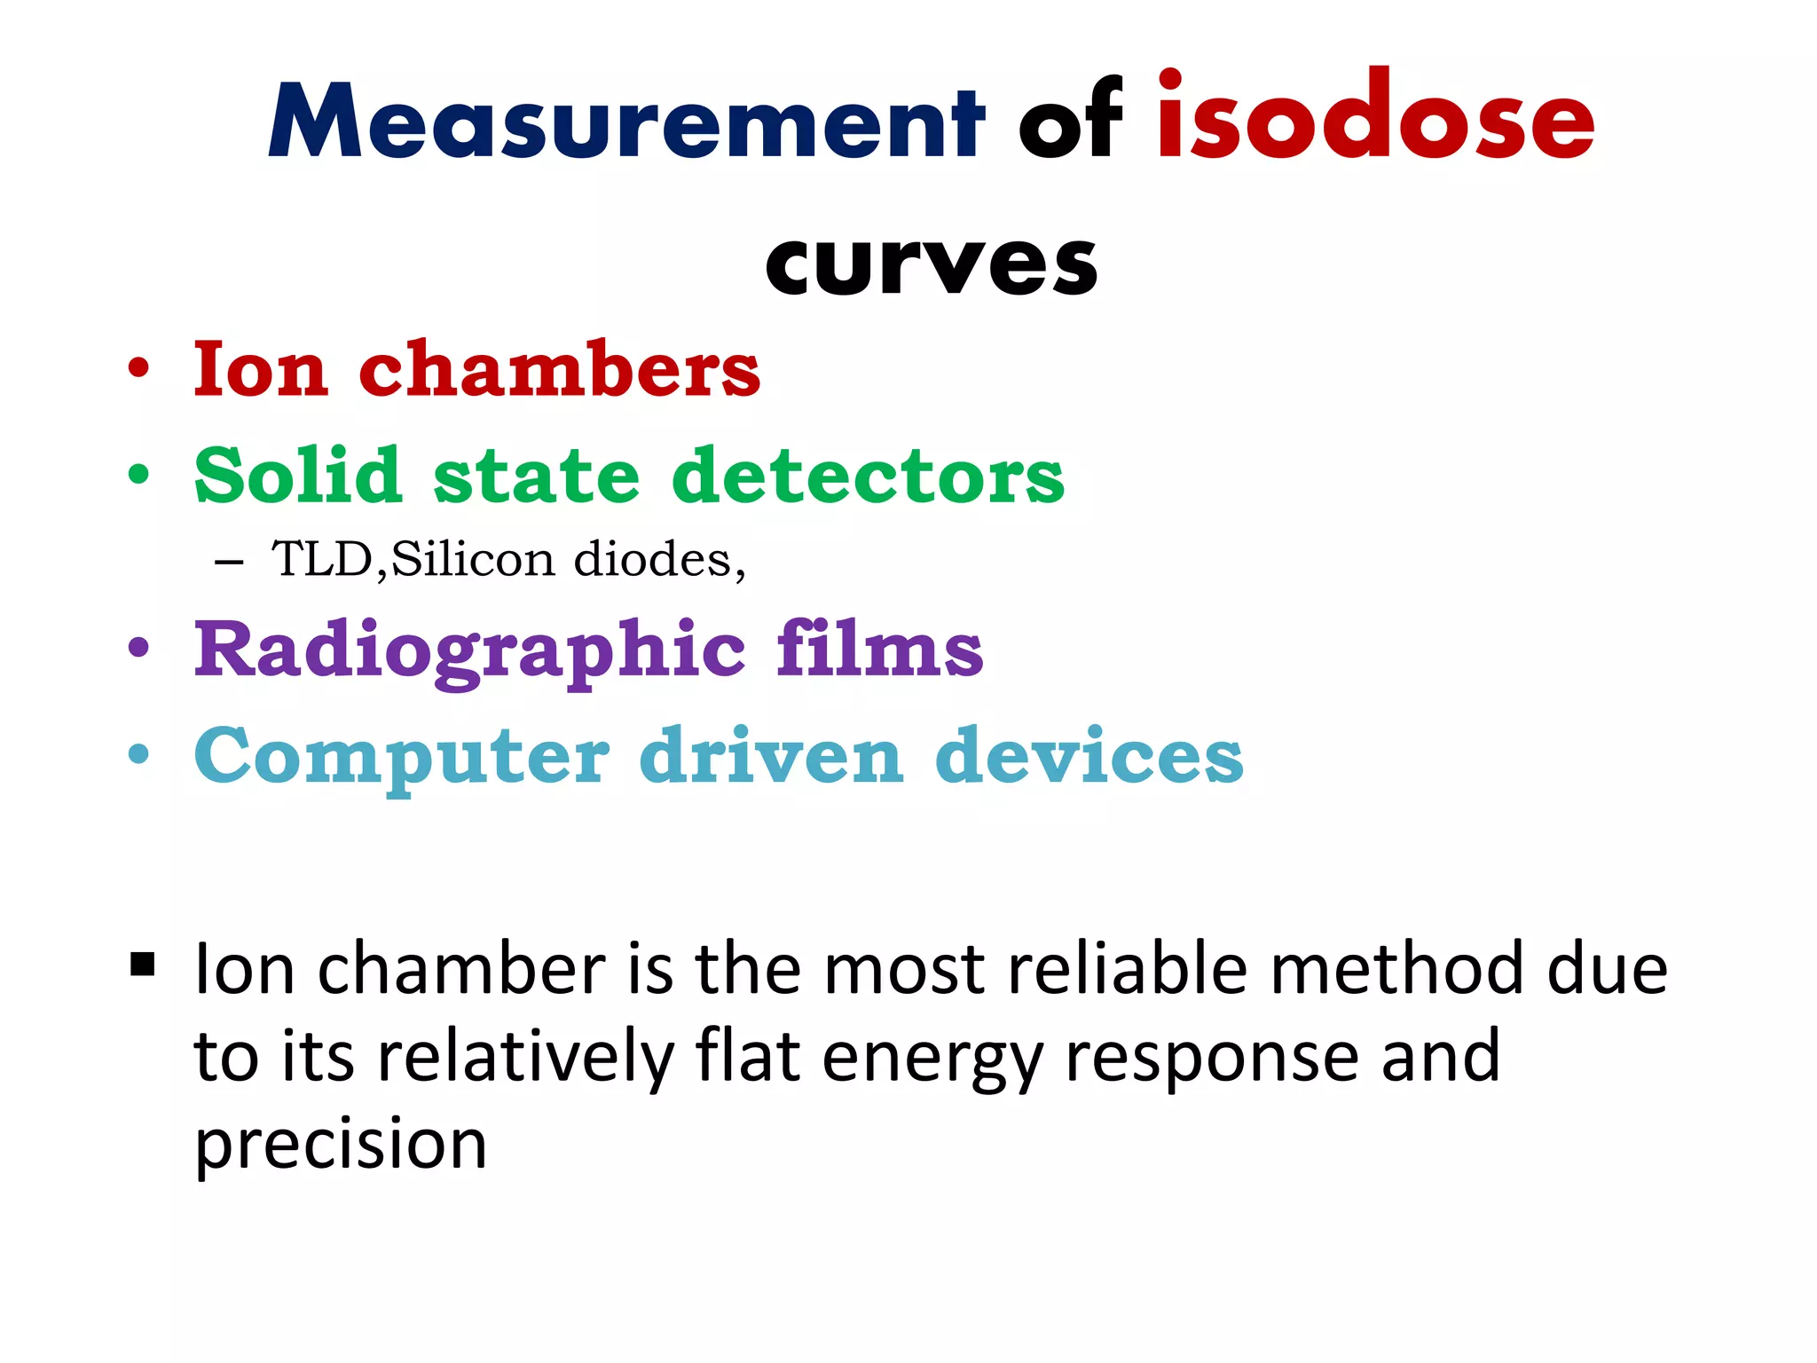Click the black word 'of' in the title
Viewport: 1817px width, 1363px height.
[1070, 120]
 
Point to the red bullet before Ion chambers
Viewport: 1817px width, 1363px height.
[138, 367]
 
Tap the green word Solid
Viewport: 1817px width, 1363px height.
[297, 476]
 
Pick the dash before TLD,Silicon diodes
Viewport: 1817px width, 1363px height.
[229, 562]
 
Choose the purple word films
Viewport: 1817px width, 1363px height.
[879, 649]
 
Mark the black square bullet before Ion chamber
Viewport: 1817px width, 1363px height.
[142, 964]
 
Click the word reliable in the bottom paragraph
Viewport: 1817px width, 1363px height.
[1128, 968]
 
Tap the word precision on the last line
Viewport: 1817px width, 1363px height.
[341, 1146]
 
